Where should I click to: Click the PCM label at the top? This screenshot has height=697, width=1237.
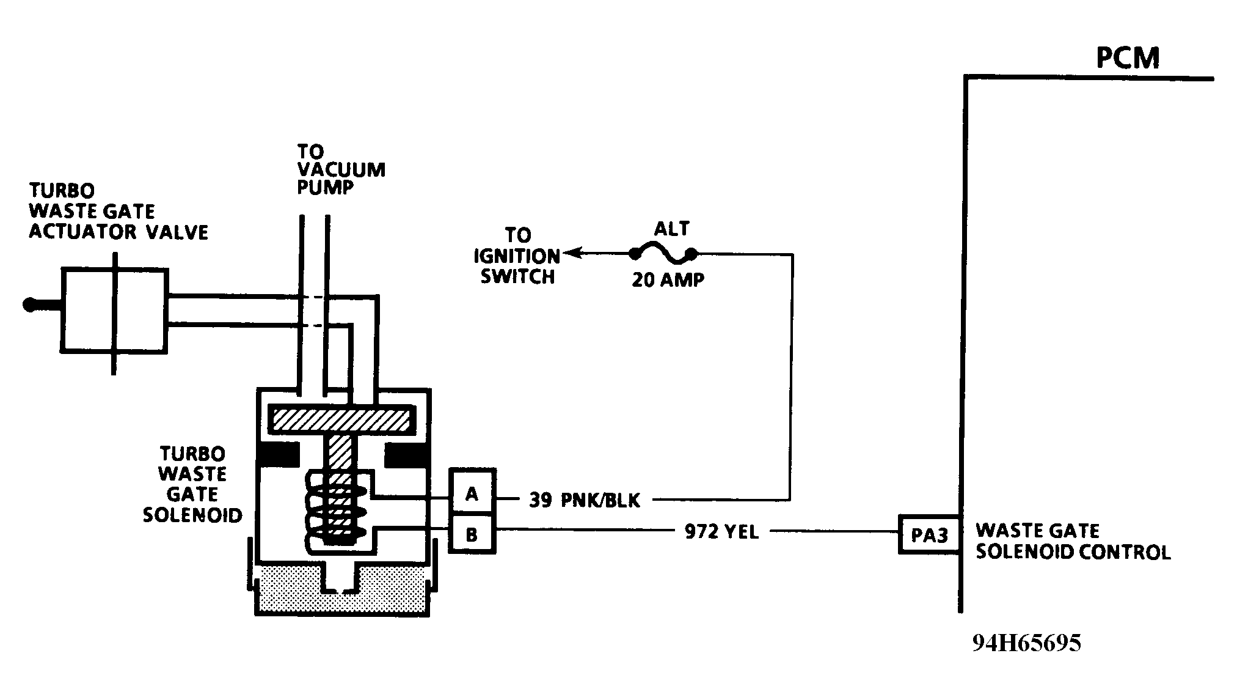pyautogui.click(x=1127, y=58)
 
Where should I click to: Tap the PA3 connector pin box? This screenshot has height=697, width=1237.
pyautogui.click(x=929, y=535)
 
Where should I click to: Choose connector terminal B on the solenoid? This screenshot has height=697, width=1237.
pyautogui.click(x=472, y=534)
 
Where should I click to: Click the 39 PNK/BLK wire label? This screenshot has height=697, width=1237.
pyautogui.click(x=584, y=501)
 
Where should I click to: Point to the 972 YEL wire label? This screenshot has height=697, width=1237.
pyautogui.click(x=721, y=533)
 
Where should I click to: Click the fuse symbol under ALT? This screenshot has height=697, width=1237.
pyautogui.click(x=663, y=253)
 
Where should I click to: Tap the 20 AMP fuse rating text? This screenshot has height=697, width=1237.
pyautogui.click(x=668, y=280)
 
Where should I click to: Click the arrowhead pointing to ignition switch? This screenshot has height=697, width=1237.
pyautogui.click(x=571, y=253)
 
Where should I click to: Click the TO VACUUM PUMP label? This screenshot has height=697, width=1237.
pyautogui.click(x=341, y=169)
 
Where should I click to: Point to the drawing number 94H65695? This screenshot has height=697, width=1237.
pyautogui.click(x=1027, y=643)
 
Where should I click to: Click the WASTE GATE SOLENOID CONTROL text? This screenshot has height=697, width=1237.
pyautogui.click(x=1073, y=541)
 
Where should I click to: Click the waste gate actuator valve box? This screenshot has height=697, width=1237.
pyautogui.click(x=114, y=310)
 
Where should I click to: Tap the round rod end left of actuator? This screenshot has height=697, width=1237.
pyautogui.click(x=29, y=304)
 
